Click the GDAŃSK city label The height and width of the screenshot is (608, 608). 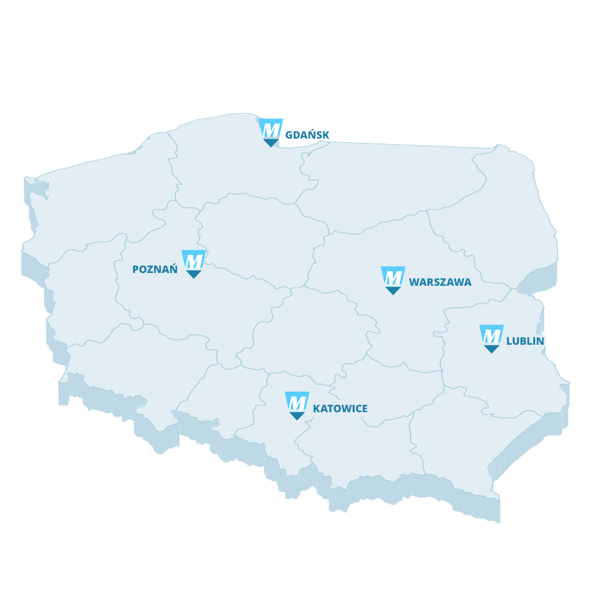(x=307, y=135)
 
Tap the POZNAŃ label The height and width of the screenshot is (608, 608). (x=155, y=269)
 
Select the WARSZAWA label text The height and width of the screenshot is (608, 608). (x=440, y=282)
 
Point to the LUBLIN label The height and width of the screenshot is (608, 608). (x=525, y=341)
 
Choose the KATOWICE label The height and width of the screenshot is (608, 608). (x=340, y=409)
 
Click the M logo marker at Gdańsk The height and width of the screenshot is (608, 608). (x=271, y=129)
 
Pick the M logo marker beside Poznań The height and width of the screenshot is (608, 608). (x=194, y=261)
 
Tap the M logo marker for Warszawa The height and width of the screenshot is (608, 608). (x=393, y=277)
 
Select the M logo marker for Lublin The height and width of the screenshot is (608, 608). (x=491, y=336)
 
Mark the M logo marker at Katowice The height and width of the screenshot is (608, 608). (x=297, y=402)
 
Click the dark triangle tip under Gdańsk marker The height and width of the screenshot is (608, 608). (x=271, y=143)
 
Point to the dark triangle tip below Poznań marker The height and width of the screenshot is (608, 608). (x=194, y=275)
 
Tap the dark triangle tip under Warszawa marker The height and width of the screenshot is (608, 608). (x=393, y=291)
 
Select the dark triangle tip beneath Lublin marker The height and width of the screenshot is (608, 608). (x=491, y=350)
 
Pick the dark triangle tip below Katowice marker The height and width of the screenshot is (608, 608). (x=297, y=416)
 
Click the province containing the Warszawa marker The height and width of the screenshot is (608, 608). (x=365, y=255)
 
